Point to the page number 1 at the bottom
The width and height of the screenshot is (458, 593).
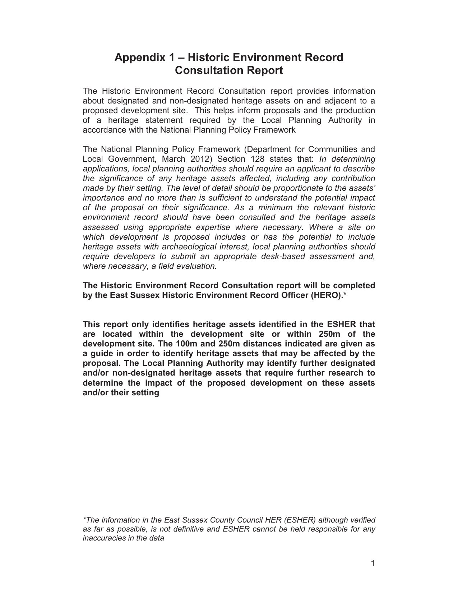pyautogui.click(x=373, y=563)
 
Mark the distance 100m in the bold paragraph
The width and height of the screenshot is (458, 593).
pyautogui.click(x=190, y=344)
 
